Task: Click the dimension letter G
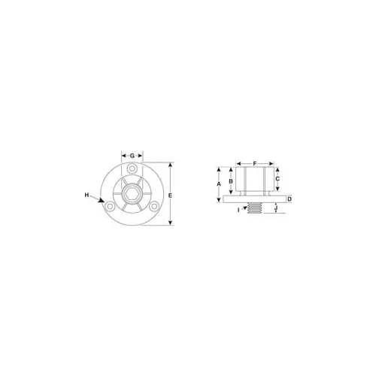pyautogui.click(x=132, y=156)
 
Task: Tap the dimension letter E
pyautogui.click(x=170, y=196)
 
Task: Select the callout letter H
pyautogui.click(x=86, y=195)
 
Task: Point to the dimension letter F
pyautogui.click(x=255, y=164)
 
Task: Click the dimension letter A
pyautogui.click(x=219, y=184)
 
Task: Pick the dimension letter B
pyautogui.click(x=231, y=181)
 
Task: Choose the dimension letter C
pyautogui.click(x=277, y=179)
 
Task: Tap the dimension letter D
pyautogui.click(x=290, y=199)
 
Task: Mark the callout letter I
pyautogui.click(x=238, y=210)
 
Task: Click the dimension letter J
pyautogui.click(x=276, y=208)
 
